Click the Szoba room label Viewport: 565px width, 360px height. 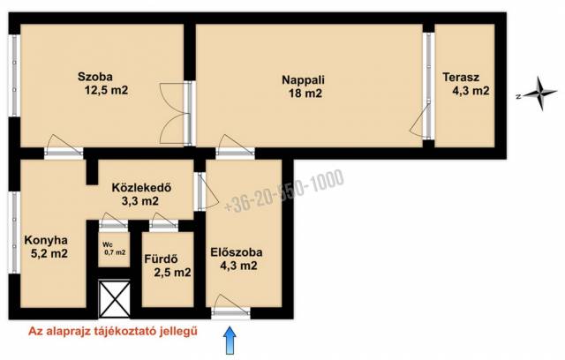pos(95,77)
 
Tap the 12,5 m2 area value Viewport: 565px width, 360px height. pos(106,90)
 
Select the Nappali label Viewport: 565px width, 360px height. pos(303,79)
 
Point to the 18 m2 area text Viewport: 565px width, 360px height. pos(305,94)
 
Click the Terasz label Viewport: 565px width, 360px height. pos(461,77)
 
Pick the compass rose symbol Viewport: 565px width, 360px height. pos(539,94)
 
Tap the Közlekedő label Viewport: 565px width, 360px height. pos(141,188)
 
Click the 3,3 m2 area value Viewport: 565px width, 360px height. pos(139,201)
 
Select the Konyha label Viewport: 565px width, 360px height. pos(46,240)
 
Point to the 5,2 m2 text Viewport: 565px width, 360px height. pos(49,253)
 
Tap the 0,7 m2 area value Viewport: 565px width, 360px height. pos(115,252)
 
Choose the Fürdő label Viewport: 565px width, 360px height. pos(161,259)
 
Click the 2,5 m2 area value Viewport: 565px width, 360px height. pos(172,273)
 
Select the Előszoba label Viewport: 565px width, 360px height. pos(237,252)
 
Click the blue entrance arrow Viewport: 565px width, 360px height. pos(230,340)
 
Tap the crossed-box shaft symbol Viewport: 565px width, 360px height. pos(114,299)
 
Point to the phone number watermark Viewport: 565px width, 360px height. pos(284,191)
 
